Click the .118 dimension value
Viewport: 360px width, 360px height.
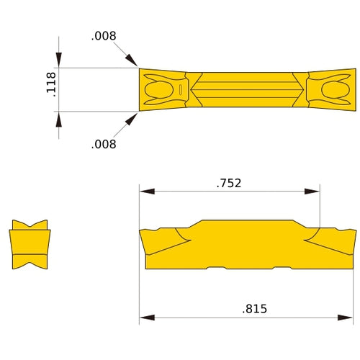(50, 90)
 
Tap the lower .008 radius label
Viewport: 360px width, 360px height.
(104, 144)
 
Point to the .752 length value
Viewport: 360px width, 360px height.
(229, 183)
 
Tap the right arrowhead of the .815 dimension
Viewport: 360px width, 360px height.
(348, 317)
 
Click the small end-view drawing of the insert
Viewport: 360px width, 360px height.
(30, 245)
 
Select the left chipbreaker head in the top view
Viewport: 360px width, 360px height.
(161, 90)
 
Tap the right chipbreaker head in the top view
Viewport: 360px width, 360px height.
(333, 90)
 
